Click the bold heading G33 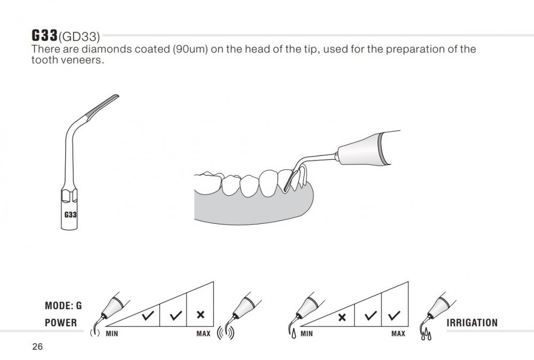click(x=45, y=35)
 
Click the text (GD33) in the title click(x=80, y=36)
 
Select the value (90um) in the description click(x=190, y=49)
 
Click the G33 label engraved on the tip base click(x=70, y=215)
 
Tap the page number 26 click(x=37, y=347)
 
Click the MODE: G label click(x=64, y=306)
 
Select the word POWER click(x=61, y=323)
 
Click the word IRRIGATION click(x=472, y=323)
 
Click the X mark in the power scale click(x=201, y=315)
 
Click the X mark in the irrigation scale click(x=342, y=317)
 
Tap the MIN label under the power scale click(x=112, y=334)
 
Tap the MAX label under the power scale click(x=203, y=334)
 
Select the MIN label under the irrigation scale click(x=307, y=334)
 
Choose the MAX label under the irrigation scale click(x=398, y=334)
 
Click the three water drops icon click(x=426, y=334)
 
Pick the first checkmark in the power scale click(x=148, y=316)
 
